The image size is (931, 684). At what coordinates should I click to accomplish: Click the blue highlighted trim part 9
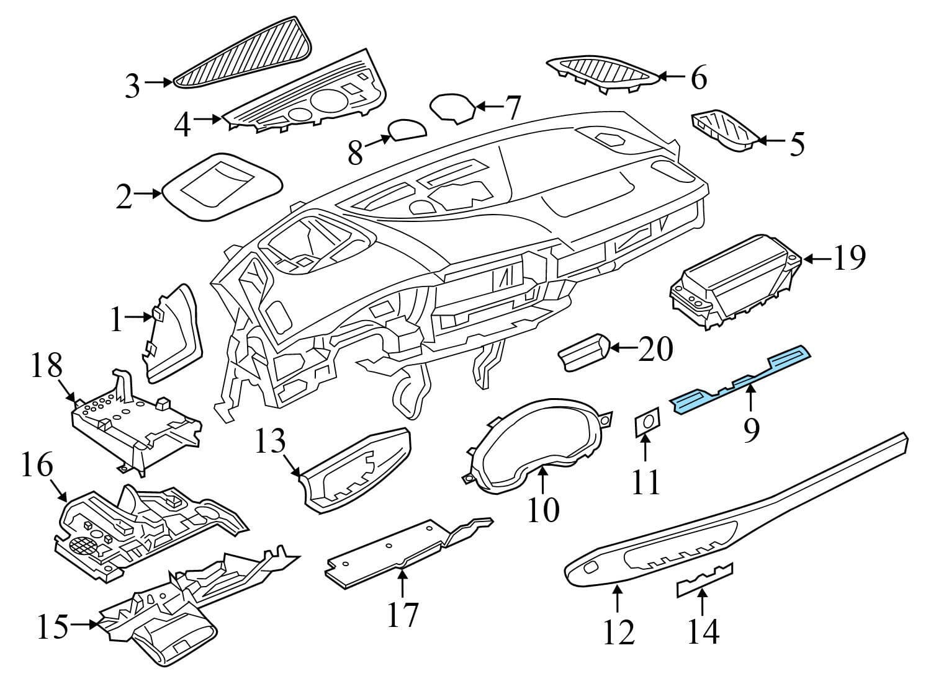point(739,380)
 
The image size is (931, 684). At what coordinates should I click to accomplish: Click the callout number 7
point(512,107)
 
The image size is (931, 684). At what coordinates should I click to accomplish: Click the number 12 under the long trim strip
point(618,631)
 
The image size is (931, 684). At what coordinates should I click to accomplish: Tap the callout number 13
point(272,443)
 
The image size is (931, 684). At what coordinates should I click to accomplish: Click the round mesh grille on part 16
point(84,546)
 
